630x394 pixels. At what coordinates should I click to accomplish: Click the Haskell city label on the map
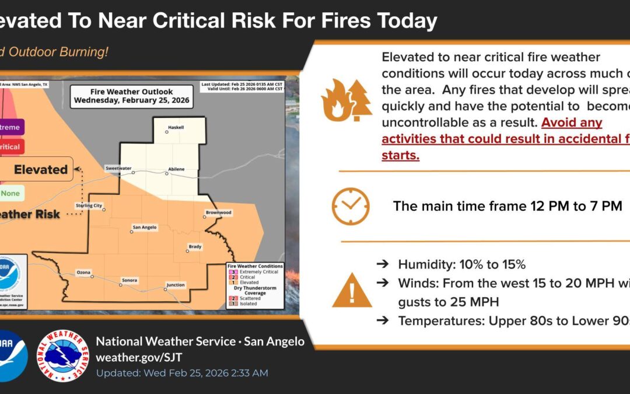pyautogui.click(x=176, y=126)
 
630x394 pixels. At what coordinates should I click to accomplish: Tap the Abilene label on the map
pyautogui.click(x=176, y=169)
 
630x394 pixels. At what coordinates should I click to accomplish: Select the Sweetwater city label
pyautogui.click(x=118, y=168)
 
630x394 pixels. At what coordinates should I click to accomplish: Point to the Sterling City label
pyautogui.click(x=89, y=205)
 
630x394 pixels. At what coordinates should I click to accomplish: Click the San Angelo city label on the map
pyautogui.click(x=145, y=227)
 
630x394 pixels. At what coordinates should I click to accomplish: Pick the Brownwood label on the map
pyautogui.click(x=219, y=212)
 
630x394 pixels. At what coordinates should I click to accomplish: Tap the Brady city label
pyautogui.click(x=195, y=246)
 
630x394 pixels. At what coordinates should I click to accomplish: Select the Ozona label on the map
pyautogui.click(x=83, y=272)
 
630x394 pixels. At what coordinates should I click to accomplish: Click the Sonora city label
pyautogui.click(x=129, y=280)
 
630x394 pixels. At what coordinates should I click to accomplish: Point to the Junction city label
pyautogui.click(x=176, y=285)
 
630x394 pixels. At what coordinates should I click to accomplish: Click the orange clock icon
pyautogui.click(x=351, y=206)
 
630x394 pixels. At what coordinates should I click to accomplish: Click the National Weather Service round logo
pyautogui.click(x=62, y=355)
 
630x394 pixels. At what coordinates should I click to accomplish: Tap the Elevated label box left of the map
pyautogui.click(x=41, y=169)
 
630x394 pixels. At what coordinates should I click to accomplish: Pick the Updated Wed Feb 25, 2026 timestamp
pyautogui.click(x=182, y=372)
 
